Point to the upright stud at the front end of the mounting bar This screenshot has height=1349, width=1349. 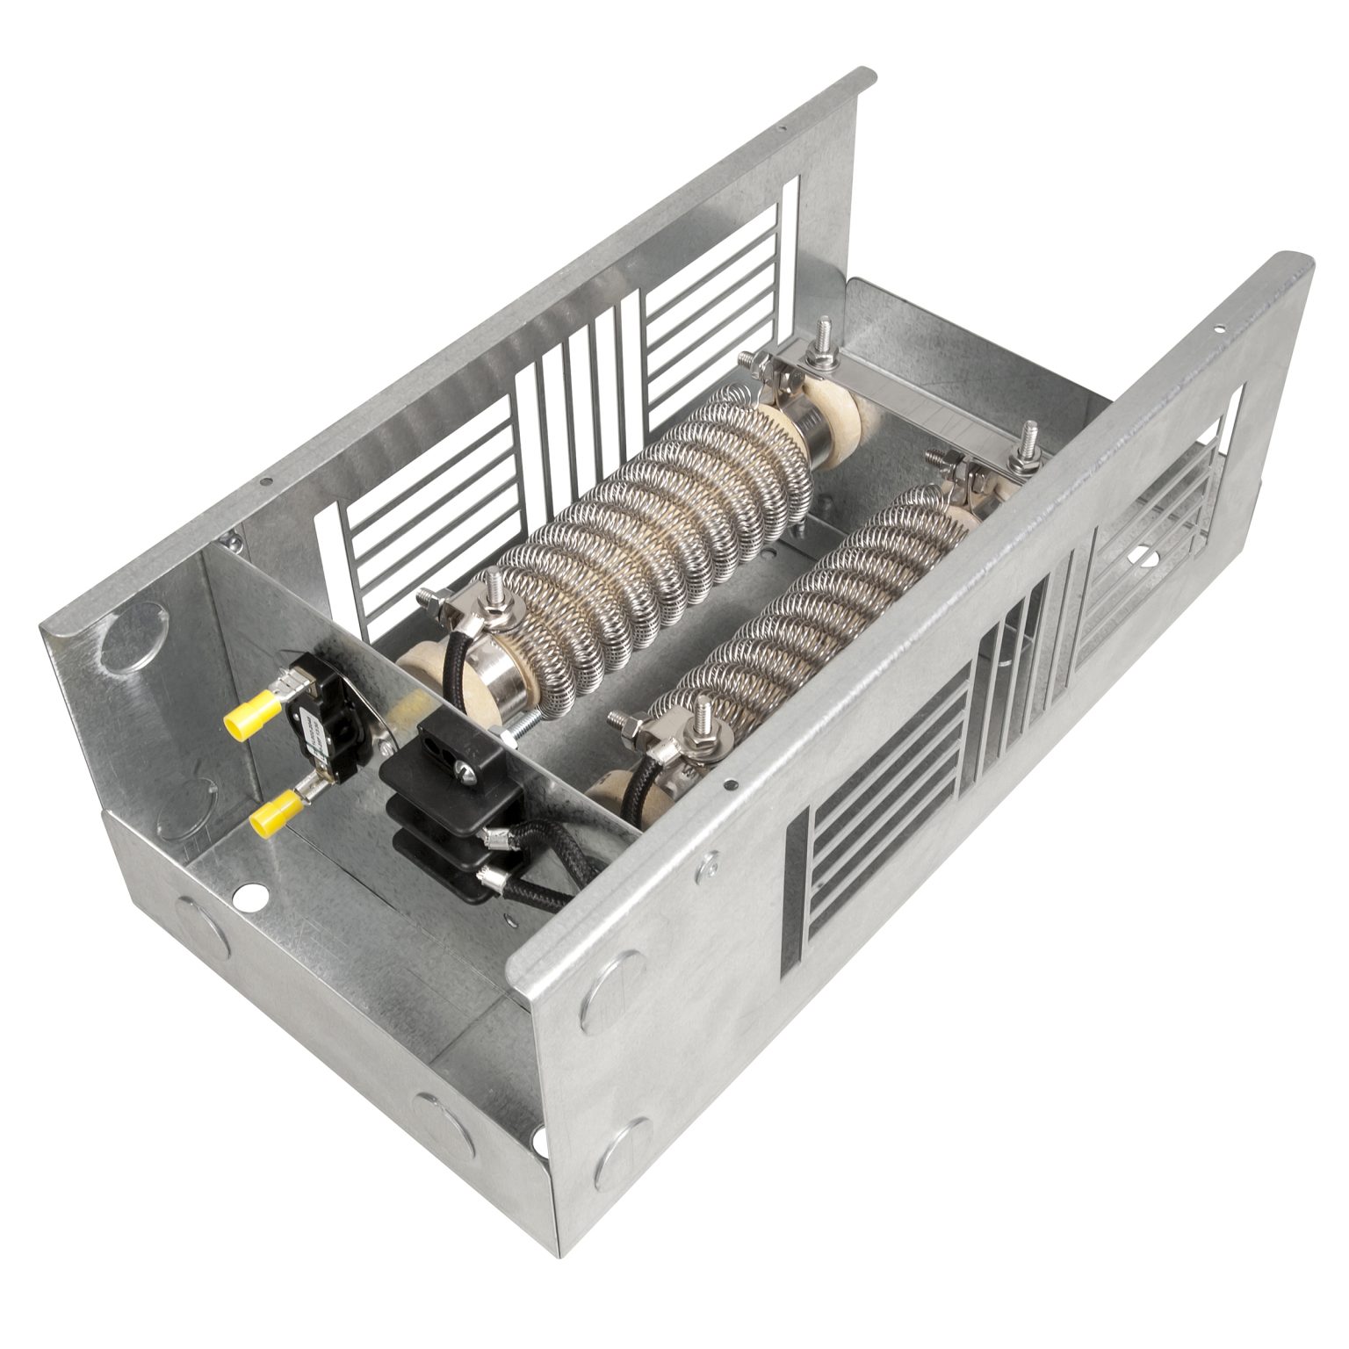coord(1024,439)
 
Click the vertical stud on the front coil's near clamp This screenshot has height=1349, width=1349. coord(703,720)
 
